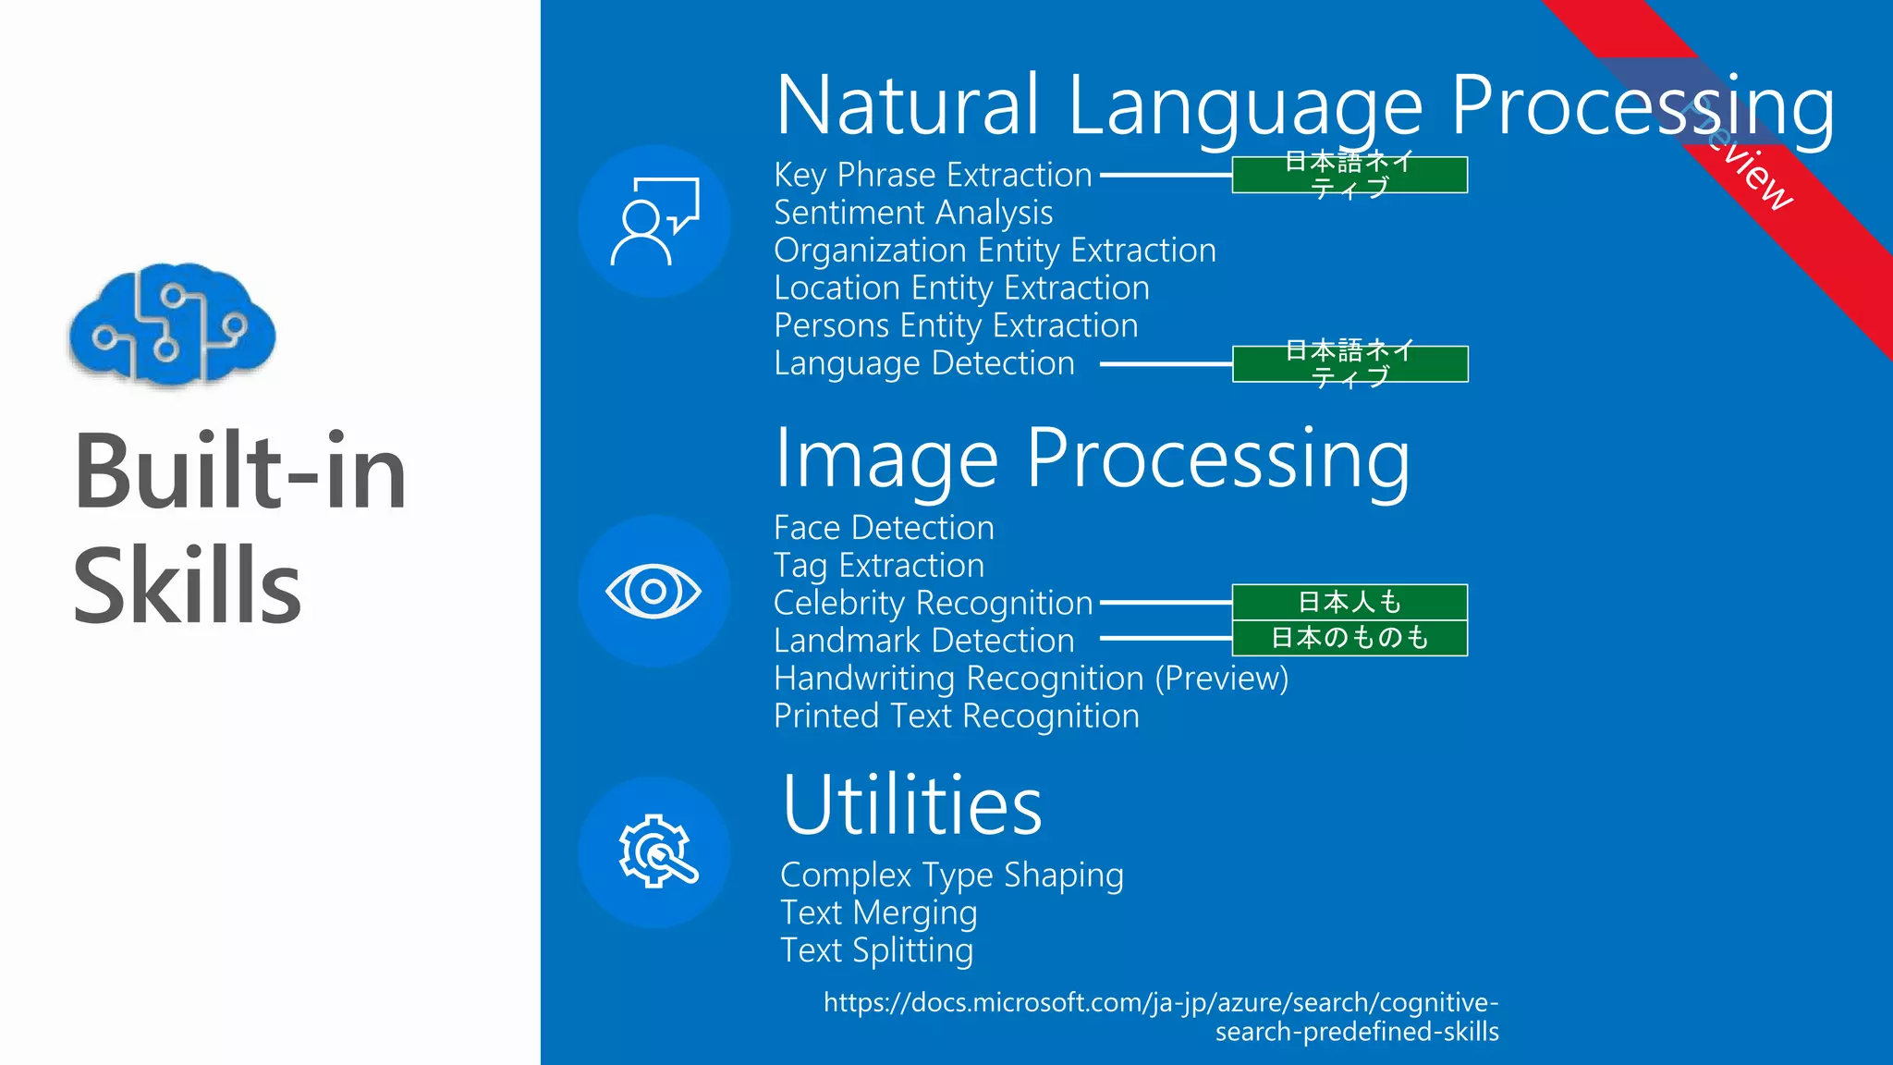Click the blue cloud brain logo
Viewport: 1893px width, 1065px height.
pos(173,324)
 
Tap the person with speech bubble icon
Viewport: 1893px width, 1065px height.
pos(654,222)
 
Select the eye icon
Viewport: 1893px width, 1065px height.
pos(653,592)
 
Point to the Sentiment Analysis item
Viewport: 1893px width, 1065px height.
pos(913,213)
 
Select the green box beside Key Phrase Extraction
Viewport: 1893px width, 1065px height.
pos(1350,175)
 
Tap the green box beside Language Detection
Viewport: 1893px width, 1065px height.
pos(1350,364)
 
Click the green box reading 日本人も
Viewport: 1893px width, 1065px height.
pos(1350,602)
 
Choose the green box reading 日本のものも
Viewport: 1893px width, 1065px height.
pos(1350,638)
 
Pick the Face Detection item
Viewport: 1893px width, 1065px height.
pos(884,528)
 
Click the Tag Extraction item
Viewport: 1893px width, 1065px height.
pos(879,566)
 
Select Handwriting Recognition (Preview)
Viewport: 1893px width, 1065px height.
pos(1031,679)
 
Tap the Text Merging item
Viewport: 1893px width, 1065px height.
pos(878,913)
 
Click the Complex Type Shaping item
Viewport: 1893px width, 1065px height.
pos(952,875)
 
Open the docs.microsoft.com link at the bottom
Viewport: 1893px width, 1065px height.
pos(1161,1016)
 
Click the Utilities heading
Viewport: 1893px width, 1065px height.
pos(912,805)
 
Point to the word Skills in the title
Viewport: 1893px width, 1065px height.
pos(188,585)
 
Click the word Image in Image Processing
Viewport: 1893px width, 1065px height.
pos(886,459)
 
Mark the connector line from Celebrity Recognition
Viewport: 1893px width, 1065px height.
pos(1166,602)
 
